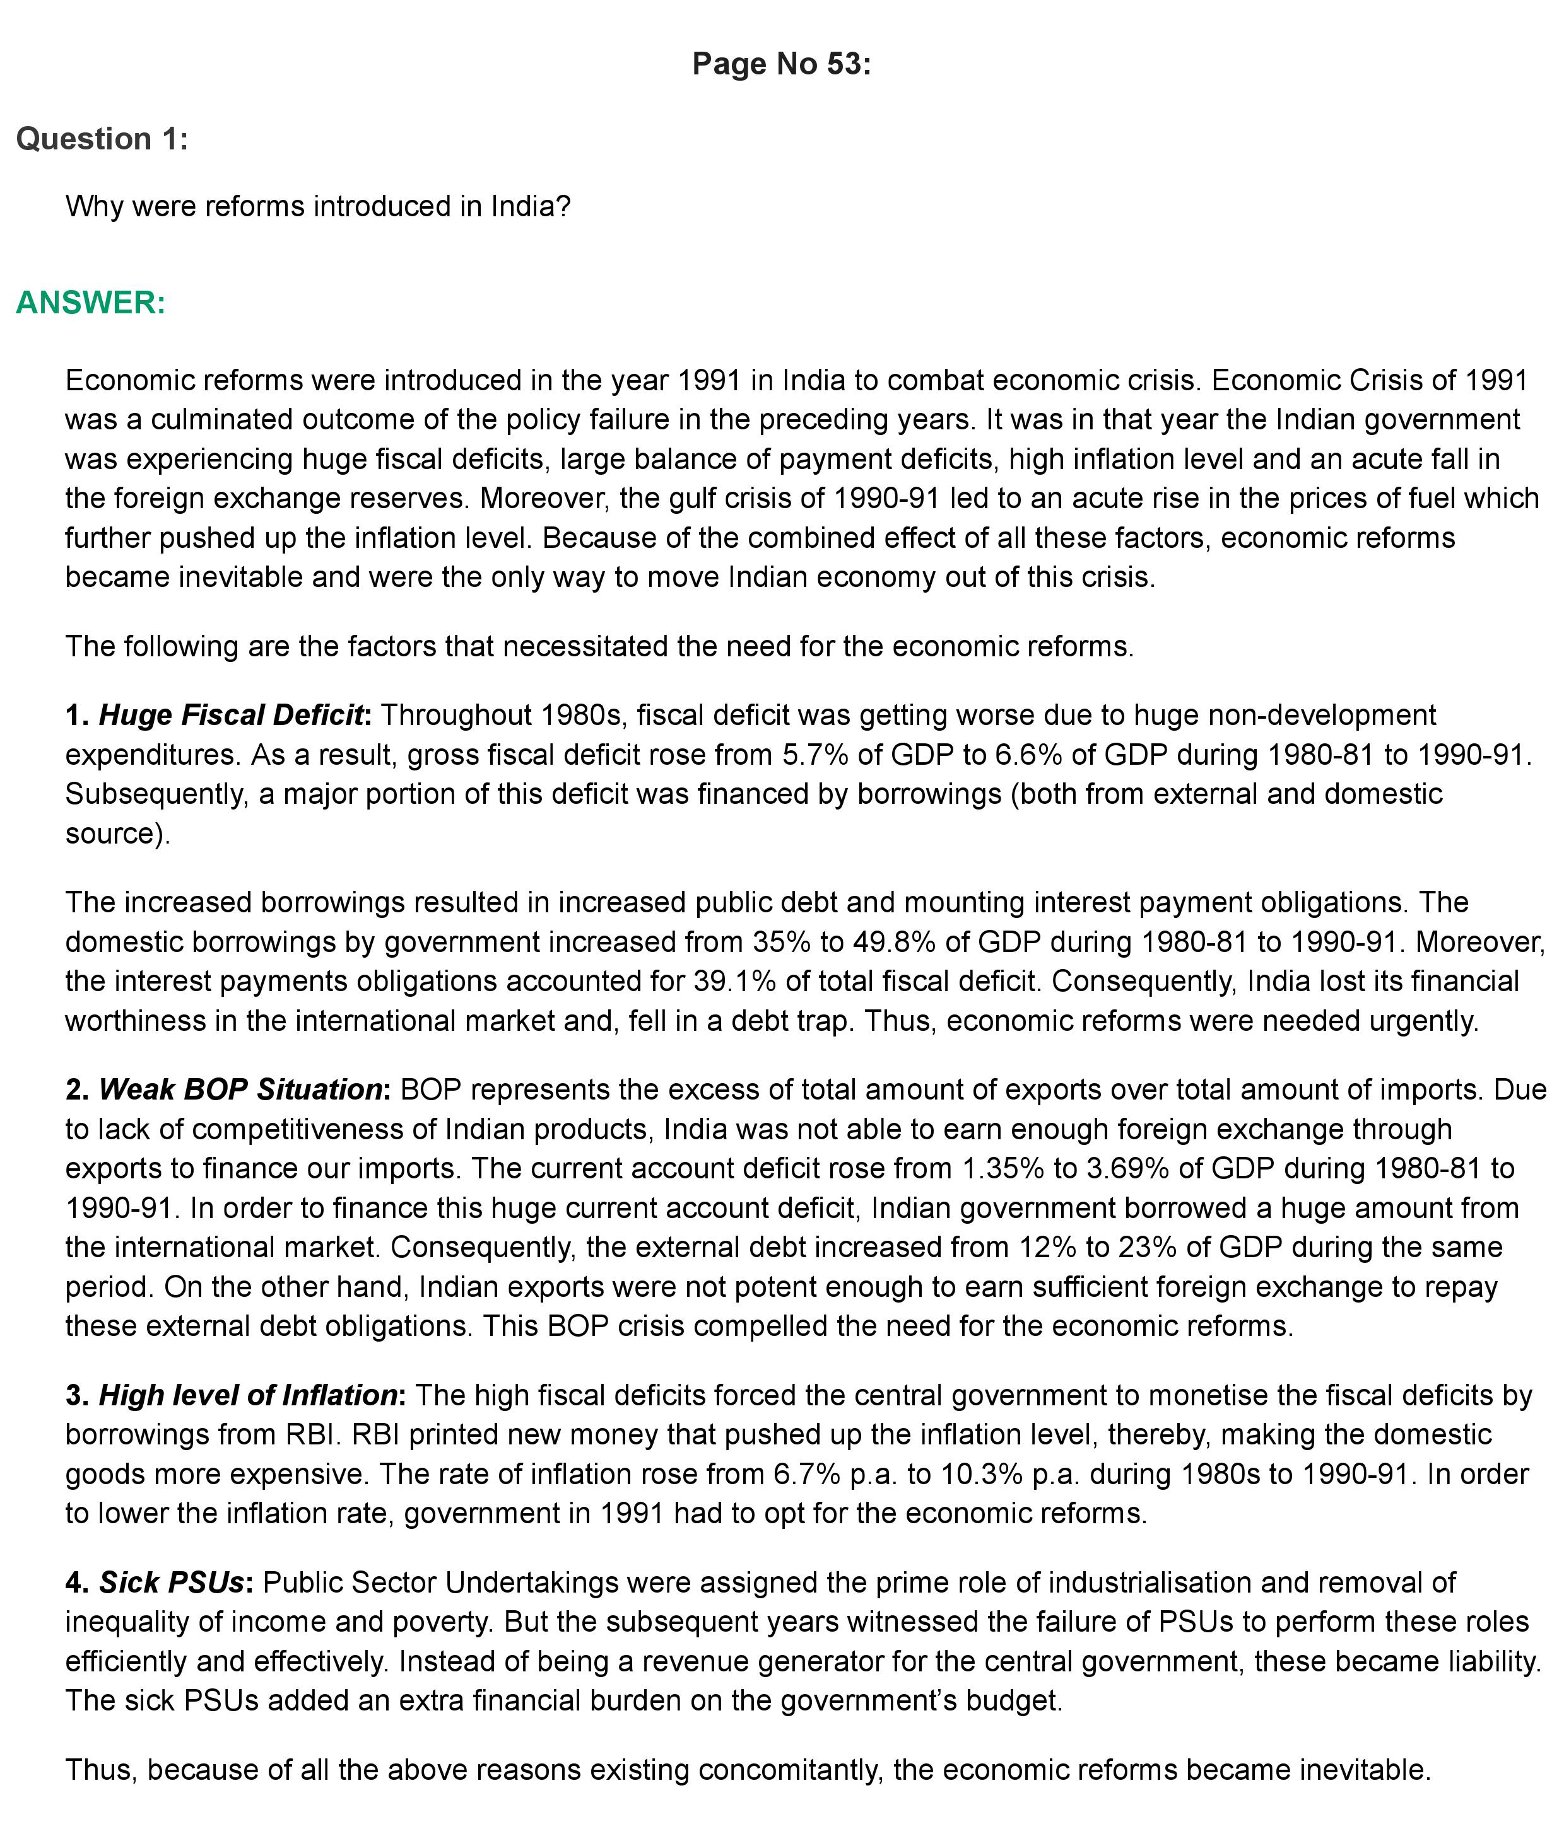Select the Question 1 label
pyautogui.click(x=102, y=139)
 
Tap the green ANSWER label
pyautogui.click(x=90, y=303)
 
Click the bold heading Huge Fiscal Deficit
pyautogui.click(x=232, y=715)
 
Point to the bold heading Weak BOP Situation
pyautogui.click(x=240, y=1090)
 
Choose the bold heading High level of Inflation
pyautogui.click(x=247, y=1396)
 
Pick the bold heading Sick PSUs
pyautogui.click(x=172, y=1582)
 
